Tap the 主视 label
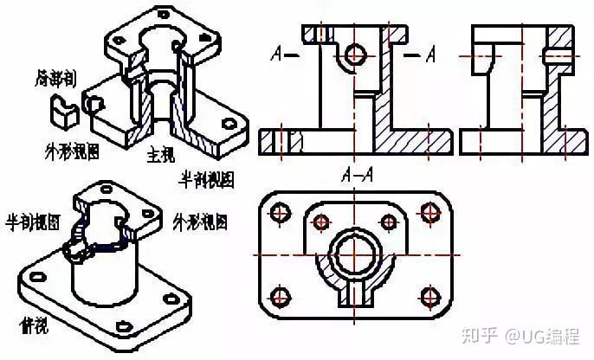click(161, 157)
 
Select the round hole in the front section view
click(354, 55)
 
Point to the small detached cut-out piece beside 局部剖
click(62, 109)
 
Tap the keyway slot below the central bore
click(354, 295)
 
